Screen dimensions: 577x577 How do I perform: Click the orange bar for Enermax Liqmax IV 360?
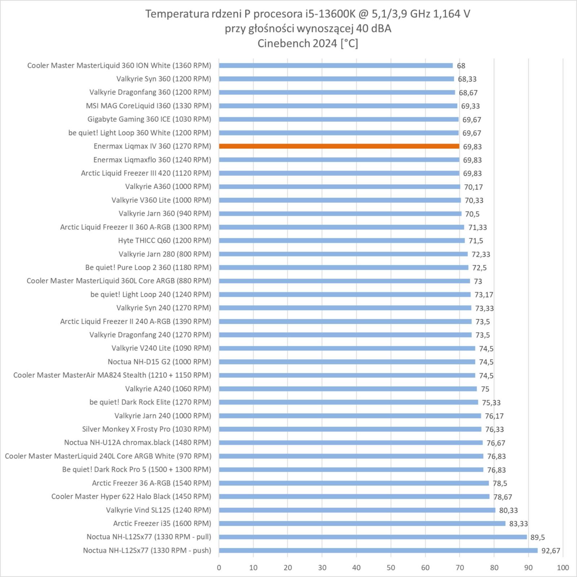[339, 146]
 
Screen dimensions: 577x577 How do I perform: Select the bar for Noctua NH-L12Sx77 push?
[378, 550]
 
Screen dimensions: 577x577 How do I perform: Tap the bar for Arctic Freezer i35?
[362, 523]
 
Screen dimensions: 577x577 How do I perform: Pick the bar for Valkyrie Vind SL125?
[357, 510]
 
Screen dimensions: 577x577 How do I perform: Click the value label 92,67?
[551, 551]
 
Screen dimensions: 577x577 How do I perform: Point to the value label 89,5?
[537, 537]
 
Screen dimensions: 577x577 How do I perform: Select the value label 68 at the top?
[461, 66]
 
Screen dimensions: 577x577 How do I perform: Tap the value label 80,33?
[508, 510]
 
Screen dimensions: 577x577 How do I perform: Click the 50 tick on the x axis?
[391, 568]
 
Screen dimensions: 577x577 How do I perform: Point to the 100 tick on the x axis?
[563, 568]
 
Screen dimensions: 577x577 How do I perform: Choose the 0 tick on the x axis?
[219, 568]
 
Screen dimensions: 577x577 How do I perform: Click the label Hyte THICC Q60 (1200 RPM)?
[164, 241]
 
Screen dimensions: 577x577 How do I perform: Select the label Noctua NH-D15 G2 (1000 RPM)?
[159, 362]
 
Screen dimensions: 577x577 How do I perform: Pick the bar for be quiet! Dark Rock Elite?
[348, 402]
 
